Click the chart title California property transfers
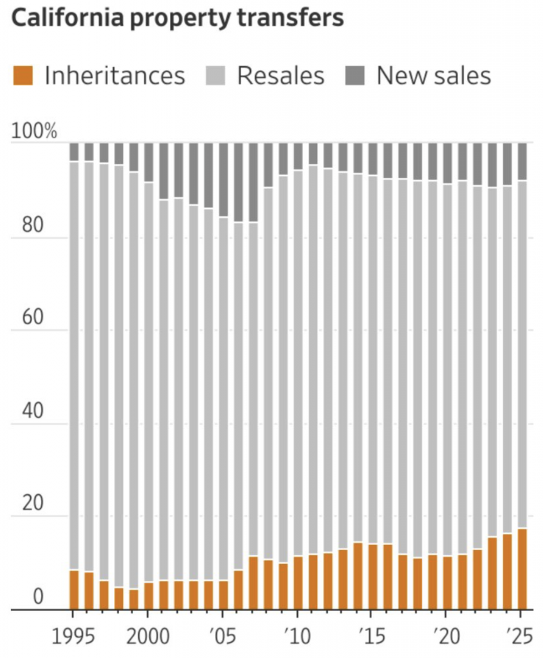(178, 18)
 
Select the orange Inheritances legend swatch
(22, 76)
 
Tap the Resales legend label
(280, 76)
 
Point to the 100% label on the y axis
(35, 132)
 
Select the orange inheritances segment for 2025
(522, 569)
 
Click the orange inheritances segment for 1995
(74, 589)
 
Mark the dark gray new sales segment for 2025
(522, 161)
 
